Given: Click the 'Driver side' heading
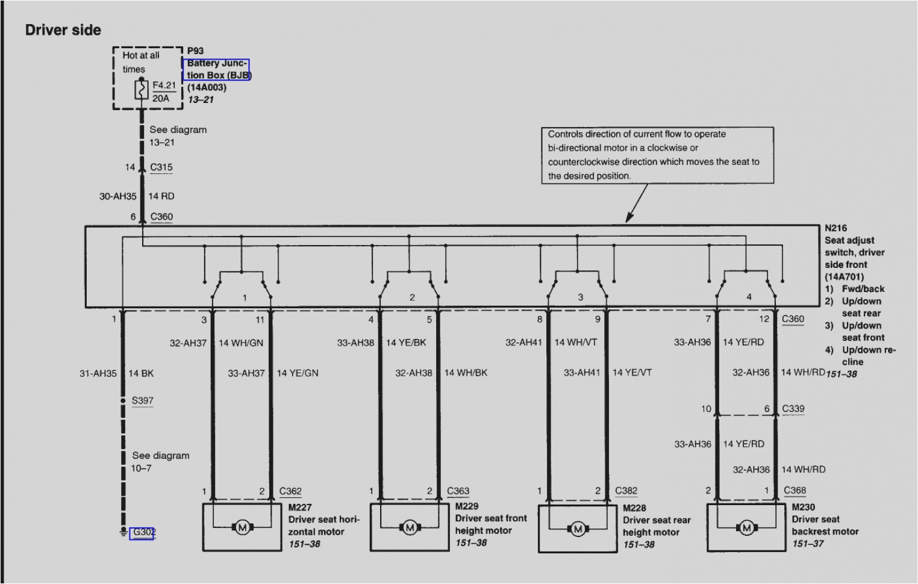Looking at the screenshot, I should [x=63, y=30].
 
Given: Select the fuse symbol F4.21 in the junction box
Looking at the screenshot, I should [x=142, y=90].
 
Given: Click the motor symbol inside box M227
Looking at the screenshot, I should [x=242, y=528].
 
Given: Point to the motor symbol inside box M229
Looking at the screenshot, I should [x=410, y=528].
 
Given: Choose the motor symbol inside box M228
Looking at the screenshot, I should [x=578, y=529].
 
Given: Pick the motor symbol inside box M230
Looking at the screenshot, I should [x=746, y=528].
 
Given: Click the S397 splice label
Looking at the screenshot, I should [x=143, y=400].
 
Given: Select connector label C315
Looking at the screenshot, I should [x=161, y=167].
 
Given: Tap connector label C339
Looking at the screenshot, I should [x=793, y=408].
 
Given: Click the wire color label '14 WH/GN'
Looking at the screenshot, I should [x=240, y=343].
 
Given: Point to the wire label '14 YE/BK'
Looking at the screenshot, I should [x=406, y=343].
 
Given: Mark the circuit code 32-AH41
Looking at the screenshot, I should [x=523, y=343].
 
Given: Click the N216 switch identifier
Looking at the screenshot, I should [x=835, y=228].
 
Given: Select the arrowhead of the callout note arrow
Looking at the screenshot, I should [x=628, y=219].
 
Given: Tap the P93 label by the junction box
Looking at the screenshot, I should [x=195, y=51].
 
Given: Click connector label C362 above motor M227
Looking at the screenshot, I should [x=290, y=491].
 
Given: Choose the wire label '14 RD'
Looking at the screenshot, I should [x=161, y=196].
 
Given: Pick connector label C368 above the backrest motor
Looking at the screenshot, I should [x=795, y=491].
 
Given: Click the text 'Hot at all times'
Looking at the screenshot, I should [x=140, y=62].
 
